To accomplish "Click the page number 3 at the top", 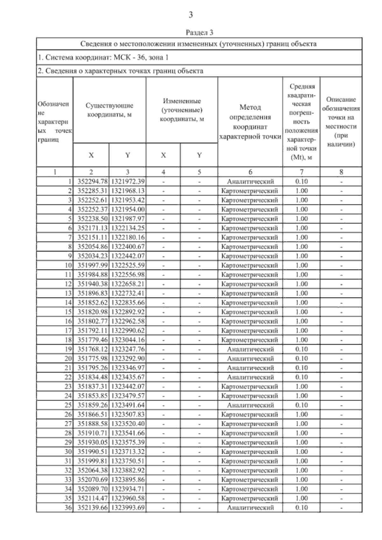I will (x=191, y=15).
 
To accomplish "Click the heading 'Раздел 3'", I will (x=199, y=32).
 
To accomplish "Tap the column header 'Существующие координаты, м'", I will (x=109, y=110).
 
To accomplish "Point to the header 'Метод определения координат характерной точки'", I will (x=250, y=122).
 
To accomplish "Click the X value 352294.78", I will (x=91, y=181).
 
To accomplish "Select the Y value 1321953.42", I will (x=127, y=200).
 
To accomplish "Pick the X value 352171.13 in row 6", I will (x=91, y=228).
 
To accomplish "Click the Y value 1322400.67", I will (x=127, y=247).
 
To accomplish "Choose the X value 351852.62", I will (x=91, y=303).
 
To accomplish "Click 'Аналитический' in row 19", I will (x=250, y=349).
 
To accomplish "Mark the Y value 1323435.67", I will (x=127, y=377).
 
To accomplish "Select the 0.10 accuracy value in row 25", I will (x=301, y=405).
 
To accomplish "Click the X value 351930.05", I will (x=91, y=442).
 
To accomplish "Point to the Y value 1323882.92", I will (x=127, y=470).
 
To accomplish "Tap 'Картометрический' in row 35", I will (x=250, y=498).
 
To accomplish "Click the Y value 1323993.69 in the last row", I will (x=127, y=508).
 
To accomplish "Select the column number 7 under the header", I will (x=301, y=172).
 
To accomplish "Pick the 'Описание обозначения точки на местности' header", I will (x=341, y=122).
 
